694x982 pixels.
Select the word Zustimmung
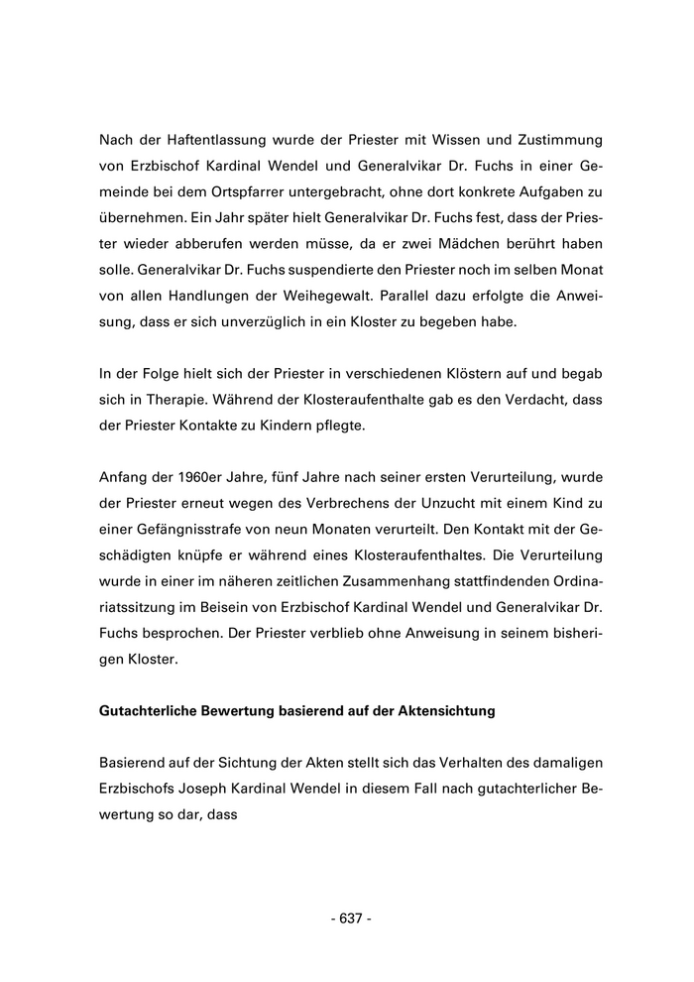(549, 141)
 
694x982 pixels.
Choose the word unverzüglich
(289, 321)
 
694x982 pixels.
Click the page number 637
(350, 919)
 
